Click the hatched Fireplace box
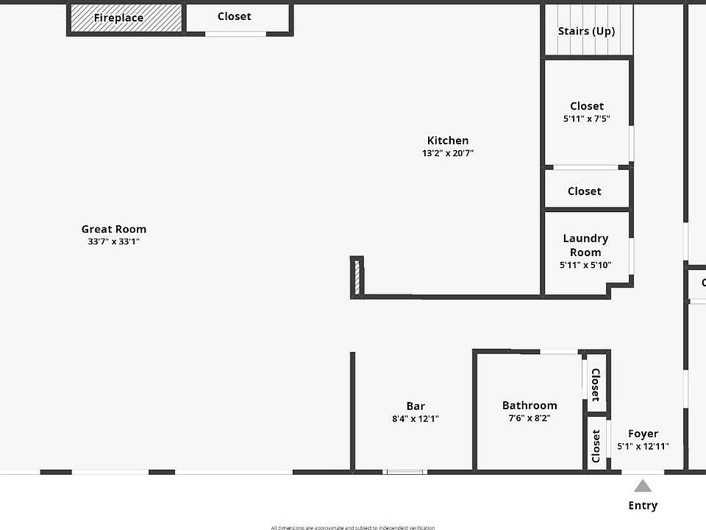pos(126,18)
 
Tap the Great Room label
pos(114,229)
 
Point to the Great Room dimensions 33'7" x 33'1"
pos(114,241)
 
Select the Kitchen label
pos(448,141)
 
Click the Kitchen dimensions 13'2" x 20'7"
pos(448,153)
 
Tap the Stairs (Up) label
pos(586,31)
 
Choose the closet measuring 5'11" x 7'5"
pos(587,112)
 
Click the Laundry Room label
pos(585,245)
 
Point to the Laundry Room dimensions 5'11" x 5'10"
pos(585,265)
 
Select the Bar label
pos(416,406)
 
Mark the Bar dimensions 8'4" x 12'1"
pos(416,418)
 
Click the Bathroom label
pos(529,405)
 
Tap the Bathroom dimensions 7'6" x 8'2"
pos(529,417)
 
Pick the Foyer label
pos(643,434)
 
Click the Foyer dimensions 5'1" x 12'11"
pos(643,446)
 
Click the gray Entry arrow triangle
pos(643,486)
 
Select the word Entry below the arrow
pos(643,505)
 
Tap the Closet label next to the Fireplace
pos(234,16)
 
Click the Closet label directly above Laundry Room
pos(585,191)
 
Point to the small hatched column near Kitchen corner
pos(357,277)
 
